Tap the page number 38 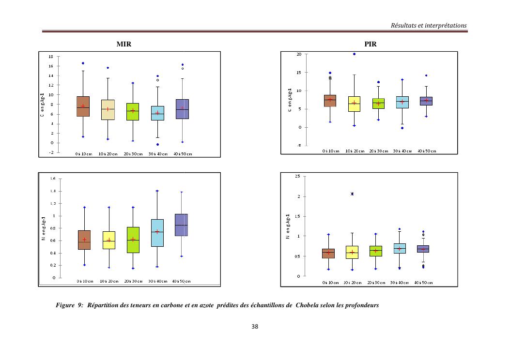click(x=255, y=327)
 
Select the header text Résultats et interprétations click(x=429, y=25)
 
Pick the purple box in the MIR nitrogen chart click(x=182, y=225)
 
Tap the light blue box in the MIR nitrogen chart click(x=157, y=233)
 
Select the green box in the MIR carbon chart click(x=133, y=111)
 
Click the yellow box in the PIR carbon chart click(x=355, y=104)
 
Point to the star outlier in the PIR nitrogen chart click(x=352, y=194)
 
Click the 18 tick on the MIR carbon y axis click(x=51, y=57)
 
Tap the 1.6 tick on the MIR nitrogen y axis click(x=52, y=179)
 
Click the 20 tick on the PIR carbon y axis click(x=299, y=54)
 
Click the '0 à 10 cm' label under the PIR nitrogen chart click(x=331, y=283)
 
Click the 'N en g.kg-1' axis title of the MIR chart click(x=44, y=228)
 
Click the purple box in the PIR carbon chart click(x=426, y=101)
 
